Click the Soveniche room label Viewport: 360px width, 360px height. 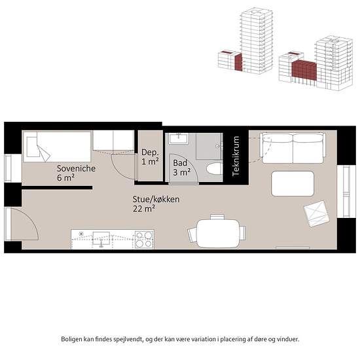[x=76, y=168]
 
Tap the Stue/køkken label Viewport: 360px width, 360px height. [x=156, y=199]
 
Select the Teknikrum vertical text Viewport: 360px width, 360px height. [x=236, y=156]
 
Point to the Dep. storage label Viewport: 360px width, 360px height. [x=150, y=153]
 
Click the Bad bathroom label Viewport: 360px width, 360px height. [x=180, y=163]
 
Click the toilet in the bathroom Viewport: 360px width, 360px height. [x=214, y=168]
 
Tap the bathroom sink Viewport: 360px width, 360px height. [x=179, y=139]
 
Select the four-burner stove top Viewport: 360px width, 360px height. [x=144, y=240]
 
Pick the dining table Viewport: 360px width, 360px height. [x=218, y=233]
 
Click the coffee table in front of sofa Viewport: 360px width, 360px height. [x=293, y=184]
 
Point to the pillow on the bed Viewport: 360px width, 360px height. [x=32, y=147]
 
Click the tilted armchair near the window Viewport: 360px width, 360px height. [x=316, y=213]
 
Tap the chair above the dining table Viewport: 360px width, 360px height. [x=217, y=217]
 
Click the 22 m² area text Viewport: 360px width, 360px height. [x=144, y=209]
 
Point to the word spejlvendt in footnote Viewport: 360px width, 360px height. [x=128, y=339]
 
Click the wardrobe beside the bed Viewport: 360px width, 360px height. [x=113, y=141]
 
